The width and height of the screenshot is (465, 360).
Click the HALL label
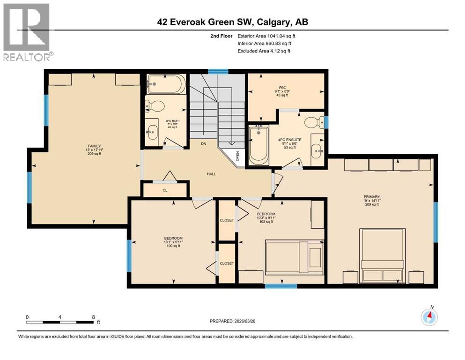tap(212, 174)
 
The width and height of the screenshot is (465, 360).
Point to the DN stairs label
tap(204, 143)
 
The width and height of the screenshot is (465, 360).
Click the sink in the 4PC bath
tap(152, 131)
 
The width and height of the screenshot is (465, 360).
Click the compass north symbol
tap(429, 317)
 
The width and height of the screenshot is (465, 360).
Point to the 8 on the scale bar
tap(93, 317)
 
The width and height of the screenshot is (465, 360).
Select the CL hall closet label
tap(165, 190)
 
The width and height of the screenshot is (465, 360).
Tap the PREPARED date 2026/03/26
tap(261, 321)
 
